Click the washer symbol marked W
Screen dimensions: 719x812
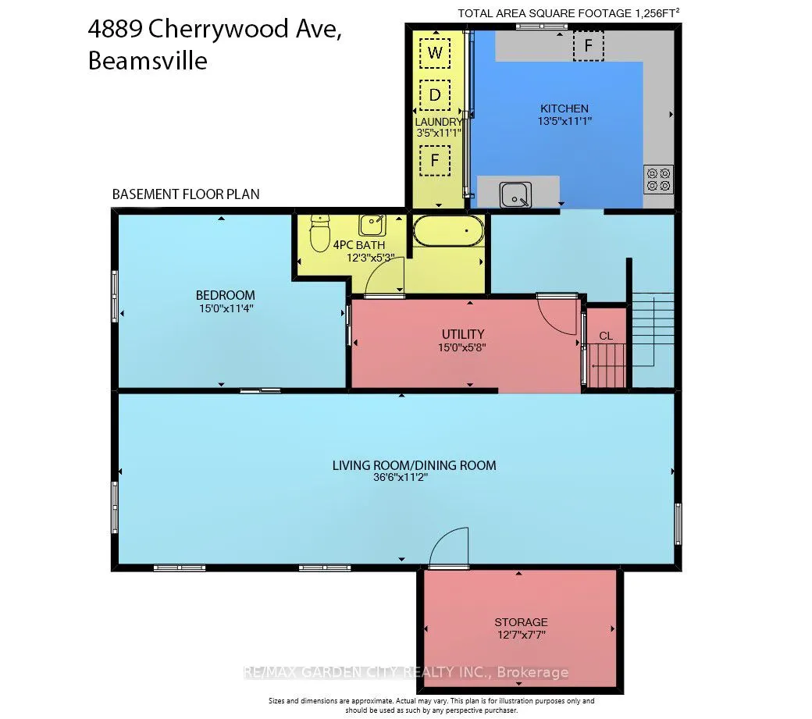pyautogui.click(x=435, y=53)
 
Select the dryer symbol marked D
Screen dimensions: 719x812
pyautogui.click(x=435, y=95)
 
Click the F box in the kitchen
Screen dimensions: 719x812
pyautogui.click(x=588, y=46)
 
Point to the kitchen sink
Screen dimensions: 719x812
pyautogui.click(x=515, y=194)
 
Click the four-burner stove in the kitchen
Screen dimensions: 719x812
pyautogui.click(x=657, y=179)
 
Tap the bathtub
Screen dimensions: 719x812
pyautogui.click(x=448, y=232)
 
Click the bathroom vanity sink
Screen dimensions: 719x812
pyautogui.click(x=371, y=225)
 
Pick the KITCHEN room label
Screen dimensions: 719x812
pyautogui.click(x=564, y=109)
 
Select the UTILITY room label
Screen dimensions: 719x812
pyautogui.click(x=463, y=333)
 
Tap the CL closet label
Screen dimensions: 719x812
pyautogui.click(x=606, y=336)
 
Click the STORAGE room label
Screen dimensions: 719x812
pyautogui.click(x=521, y=622)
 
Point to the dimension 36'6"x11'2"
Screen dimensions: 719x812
pyautogui.click(x=401, y=479)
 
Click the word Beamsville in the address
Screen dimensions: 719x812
pyautogui.click(x=148, y=60)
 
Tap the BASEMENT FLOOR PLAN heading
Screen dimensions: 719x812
pyautogui.click(x=186, y=194)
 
